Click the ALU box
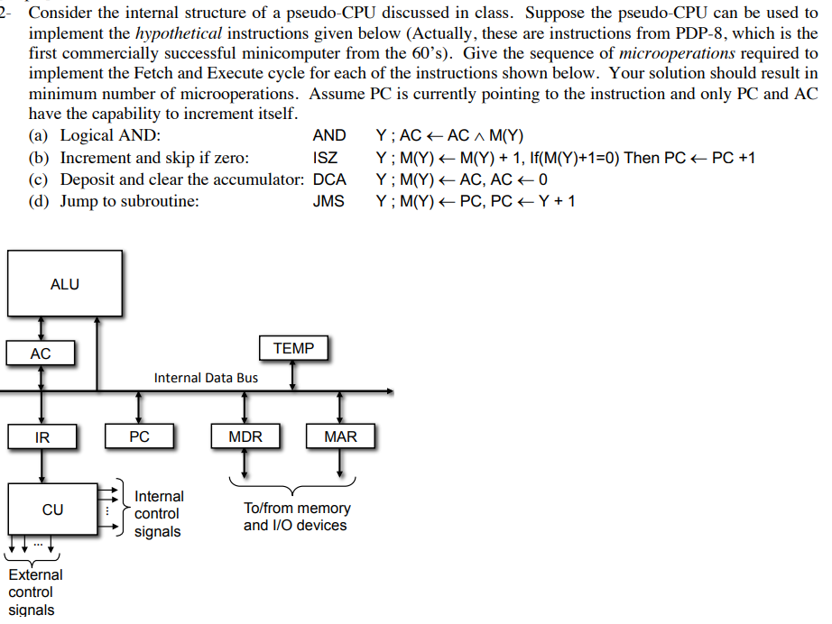click(64, 283)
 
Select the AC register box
click(41, 353)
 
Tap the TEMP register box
click(293, 348)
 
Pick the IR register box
click(42, 437)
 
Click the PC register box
click(139, 437)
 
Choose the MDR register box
click(245, 437)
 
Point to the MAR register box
click(340, 437)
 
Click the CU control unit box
click(52, 509)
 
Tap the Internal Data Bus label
click(206, 378)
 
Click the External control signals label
click(35, 592)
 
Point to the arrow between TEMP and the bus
click(293, 375)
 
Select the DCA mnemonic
click(328, 179)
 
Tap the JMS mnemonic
click(328, 201)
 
